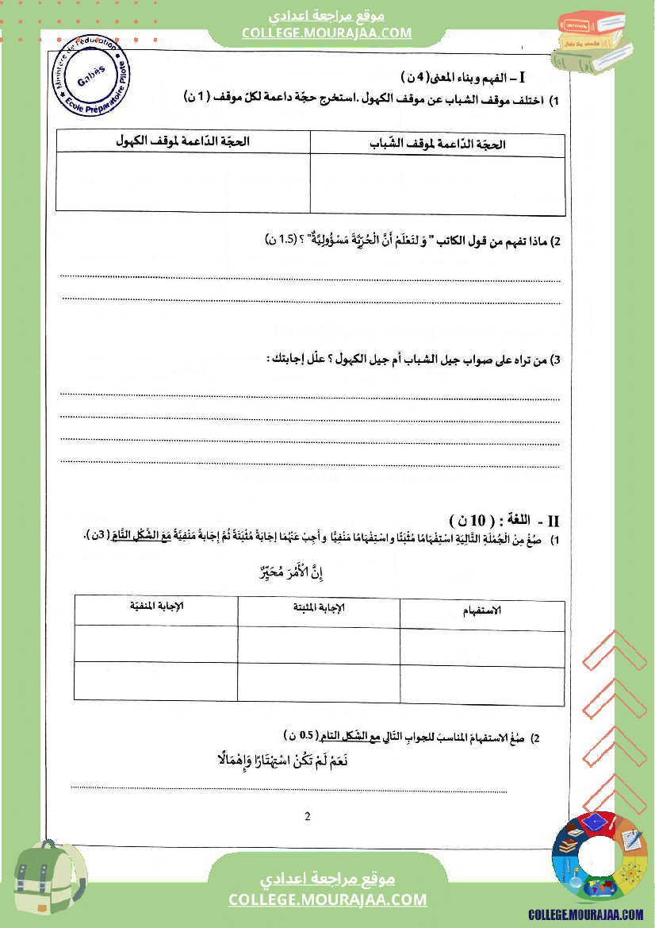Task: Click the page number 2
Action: (x=307, y=817)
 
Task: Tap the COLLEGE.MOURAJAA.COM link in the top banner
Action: (x=327, y=33)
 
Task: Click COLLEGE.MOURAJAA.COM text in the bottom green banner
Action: (x=327, y=899)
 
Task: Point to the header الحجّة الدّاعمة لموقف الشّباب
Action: (x=438, y=144)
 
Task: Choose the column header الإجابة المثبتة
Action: (x=319, y=607)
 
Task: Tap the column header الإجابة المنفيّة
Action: (x=156, y=606)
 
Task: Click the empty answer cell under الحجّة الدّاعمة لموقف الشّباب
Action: (x=438, y=184)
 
